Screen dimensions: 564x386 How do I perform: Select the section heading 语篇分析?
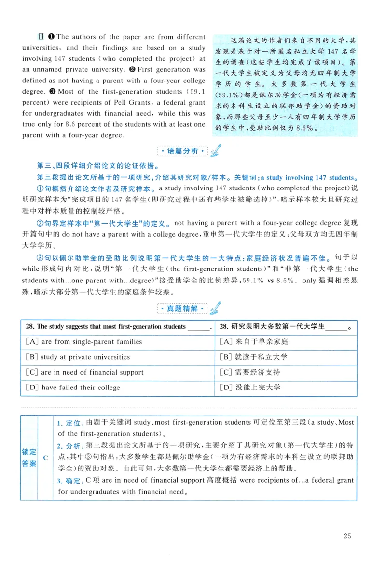[x=182, y=151]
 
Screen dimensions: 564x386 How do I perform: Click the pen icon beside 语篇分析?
[x=215, y=150]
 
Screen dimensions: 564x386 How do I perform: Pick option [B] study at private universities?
[x=78, y=357]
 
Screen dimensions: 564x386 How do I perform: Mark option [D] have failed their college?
[x=73, y=388]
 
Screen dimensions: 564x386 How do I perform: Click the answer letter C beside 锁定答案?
[x=45, y=457]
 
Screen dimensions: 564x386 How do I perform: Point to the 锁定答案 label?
[x=29, y=457]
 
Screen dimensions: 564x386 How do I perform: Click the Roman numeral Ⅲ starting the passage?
[x=41, y=37]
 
